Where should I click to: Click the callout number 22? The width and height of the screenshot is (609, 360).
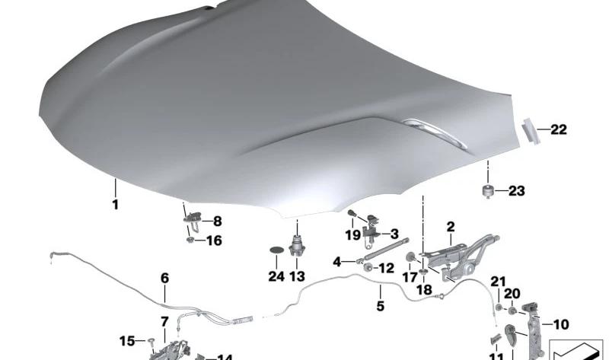[559, 130]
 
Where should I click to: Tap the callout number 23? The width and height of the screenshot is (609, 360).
[517, 191]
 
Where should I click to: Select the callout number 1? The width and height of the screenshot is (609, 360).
[115, 205]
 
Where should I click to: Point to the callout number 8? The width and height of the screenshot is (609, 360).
[217, 222]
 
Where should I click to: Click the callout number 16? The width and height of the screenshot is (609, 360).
[214, 241]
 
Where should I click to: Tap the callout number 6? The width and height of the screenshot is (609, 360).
[164, 279]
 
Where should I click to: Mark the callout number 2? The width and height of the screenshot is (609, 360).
[451, 226]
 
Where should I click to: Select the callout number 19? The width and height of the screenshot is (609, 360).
[352, 235]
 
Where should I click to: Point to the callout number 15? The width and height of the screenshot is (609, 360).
[126, 340]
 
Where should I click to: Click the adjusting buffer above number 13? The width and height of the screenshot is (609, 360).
[296, 248]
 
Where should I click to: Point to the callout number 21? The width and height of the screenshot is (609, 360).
[498, 282]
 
